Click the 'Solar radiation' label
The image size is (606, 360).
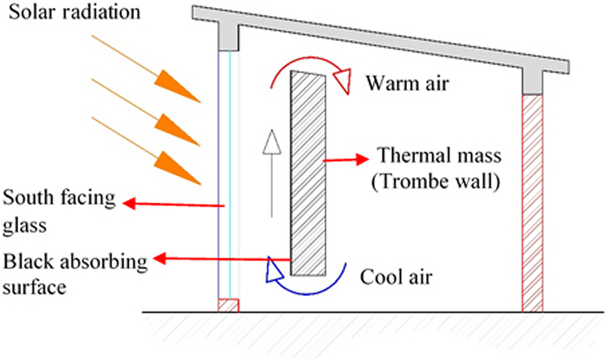tap(75, 12)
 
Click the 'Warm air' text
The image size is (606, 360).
tap(407, 84)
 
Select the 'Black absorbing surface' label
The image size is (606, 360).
tap(74, 273)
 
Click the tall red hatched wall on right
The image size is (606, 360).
tap(533, 202)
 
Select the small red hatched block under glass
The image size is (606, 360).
tap(228, 305)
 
